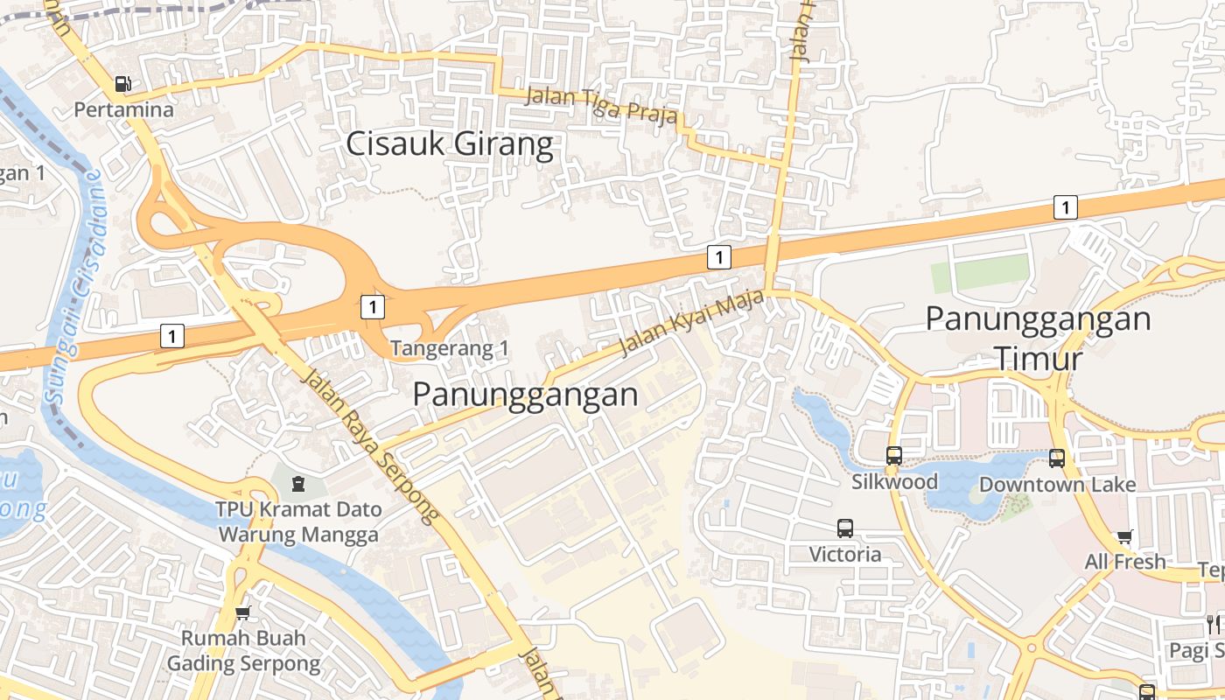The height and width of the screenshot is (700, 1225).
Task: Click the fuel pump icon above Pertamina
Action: (x=123, y=85)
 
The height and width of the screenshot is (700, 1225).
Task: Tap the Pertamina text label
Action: (x=123, y=110)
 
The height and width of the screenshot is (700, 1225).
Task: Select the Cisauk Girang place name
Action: (x=450, y=144)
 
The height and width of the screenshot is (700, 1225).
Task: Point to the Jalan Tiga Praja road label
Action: (x=600, y=105)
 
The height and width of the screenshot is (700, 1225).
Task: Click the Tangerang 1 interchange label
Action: (x=450, y=348)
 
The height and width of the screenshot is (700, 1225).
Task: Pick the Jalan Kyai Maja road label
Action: (x=691, y=324)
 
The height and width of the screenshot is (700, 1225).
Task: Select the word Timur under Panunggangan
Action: (x=1039, y=359)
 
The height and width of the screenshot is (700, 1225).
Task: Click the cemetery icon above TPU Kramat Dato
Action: (x=298, y=483)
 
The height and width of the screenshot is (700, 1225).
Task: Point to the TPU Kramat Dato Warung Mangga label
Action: (x=298, y=521)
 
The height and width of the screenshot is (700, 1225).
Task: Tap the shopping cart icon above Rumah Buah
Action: (x=243, y=612)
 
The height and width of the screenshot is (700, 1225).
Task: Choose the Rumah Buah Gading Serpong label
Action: (x=243, y=650)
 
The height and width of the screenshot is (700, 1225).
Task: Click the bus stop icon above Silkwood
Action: (x=894, y=455)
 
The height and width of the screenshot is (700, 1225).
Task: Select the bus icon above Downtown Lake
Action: (x=1057, y=458)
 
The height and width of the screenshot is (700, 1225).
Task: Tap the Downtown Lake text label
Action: (x=1057, y=485)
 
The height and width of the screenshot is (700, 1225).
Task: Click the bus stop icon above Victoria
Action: (x=844, y=528)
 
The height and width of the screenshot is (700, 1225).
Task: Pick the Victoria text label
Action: (x=844, y=554)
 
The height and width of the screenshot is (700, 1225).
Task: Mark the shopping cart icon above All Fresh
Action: (x=1125, y=536)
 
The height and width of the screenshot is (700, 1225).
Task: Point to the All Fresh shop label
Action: (x=1125, y=562)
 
